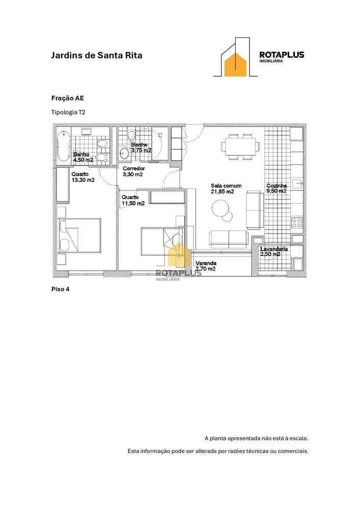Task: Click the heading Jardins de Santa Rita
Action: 97,55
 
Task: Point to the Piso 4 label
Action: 60,289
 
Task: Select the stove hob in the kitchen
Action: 297,222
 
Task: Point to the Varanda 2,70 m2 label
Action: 206,266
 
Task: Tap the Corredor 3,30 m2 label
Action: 134,171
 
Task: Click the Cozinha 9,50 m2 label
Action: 276,189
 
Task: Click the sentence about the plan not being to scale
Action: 257,438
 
